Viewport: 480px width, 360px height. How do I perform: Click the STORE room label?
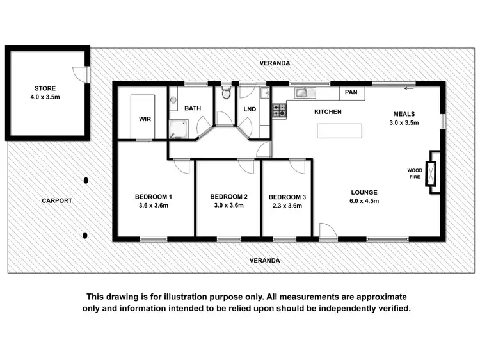[45, 88]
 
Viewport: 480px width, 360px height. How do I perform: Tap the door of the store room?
[81, 74]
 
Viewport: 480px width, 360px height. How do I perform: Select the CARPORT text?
[57, 200]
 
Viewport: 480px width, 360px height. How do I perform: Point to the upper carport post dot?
[85, 181]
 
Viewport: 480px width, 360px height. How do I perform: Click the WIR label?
[144, 119]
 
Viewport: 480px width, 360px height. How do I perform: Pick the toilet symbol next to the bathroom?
[225, 94]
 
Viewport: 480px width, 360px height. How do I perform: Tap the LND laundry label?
[250, 109]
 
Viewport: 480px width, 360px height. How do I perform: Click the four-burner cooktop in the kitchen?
[279, 111]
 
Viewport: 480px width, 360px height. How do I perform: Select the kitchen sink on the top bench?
[305, 93]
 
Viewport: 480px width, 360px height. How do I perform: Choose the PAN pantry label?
[351, 92]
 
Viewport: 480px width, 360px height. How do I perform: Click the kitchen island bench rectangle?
[339, 131]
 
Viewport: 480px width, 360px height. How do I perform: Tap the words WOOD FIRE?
[415, 173]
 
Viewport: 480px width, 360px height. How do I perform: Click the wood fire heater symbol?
[433, 172]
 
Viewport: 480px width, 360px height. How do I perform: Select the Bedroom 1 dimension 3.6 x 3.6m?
[153, 206]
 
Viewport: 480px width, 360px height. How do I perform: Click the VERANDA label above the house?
[275, 63]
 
